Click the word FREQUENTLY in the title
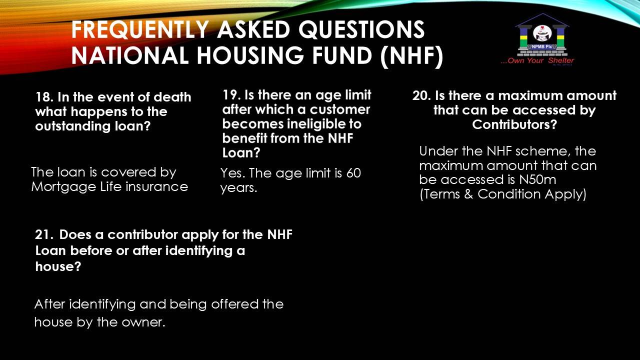140,29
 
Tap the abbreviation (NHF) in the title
411,55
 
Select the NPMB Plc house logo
542,35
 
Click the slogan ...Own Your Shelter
537,61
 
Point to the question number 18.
44,97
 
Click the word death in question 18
172,97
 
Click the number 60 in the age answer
353,173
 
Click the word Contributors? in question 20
514,124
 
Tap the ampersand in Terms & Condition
468,194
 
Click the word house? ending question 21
58,266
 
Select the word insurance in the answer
156,187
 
